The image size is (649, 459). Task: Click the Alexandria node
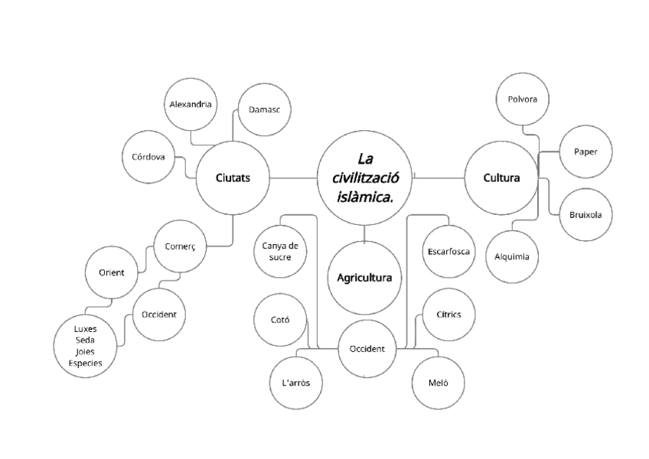[191, 103]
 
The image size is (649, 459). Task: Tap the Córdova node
[148, 158]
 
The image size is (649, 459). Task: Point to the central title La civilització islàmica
[364, 178]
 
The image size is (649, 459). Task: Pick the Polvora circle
[522, 99]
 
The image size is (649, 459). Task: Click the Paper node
[585, 151]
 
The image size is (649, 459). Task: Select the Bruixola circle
[585, 215]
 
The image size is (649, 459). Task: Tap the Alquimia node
[512, 256]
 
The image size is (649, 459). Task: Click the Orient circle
[112, 272]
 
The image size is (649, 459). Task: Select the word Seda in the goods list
[86, 340]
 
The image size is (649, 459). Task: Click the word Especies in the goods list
[86, 363]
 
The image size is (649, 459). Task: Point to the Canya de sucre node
[279, 252]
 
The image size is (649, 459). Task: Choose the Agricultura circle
[364, 278]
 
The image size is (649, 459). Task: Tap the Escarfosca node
[448, 252]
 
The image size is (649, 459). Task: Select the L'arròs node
[296, 382]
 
